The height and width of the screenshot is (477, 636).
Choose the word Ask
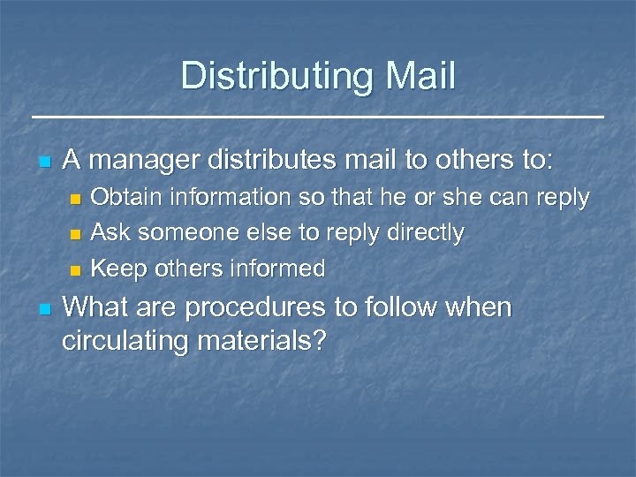click(x=109, y=233)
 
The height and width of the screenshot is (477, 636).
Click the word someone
click(x=178, y=233)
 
